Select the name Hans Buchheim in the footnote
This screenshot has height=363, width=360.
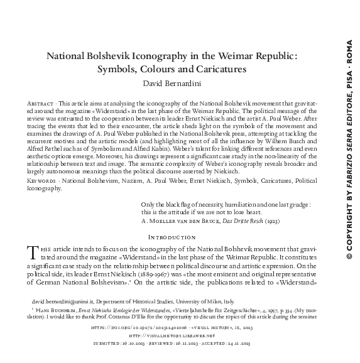click(x=56, y=311)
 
